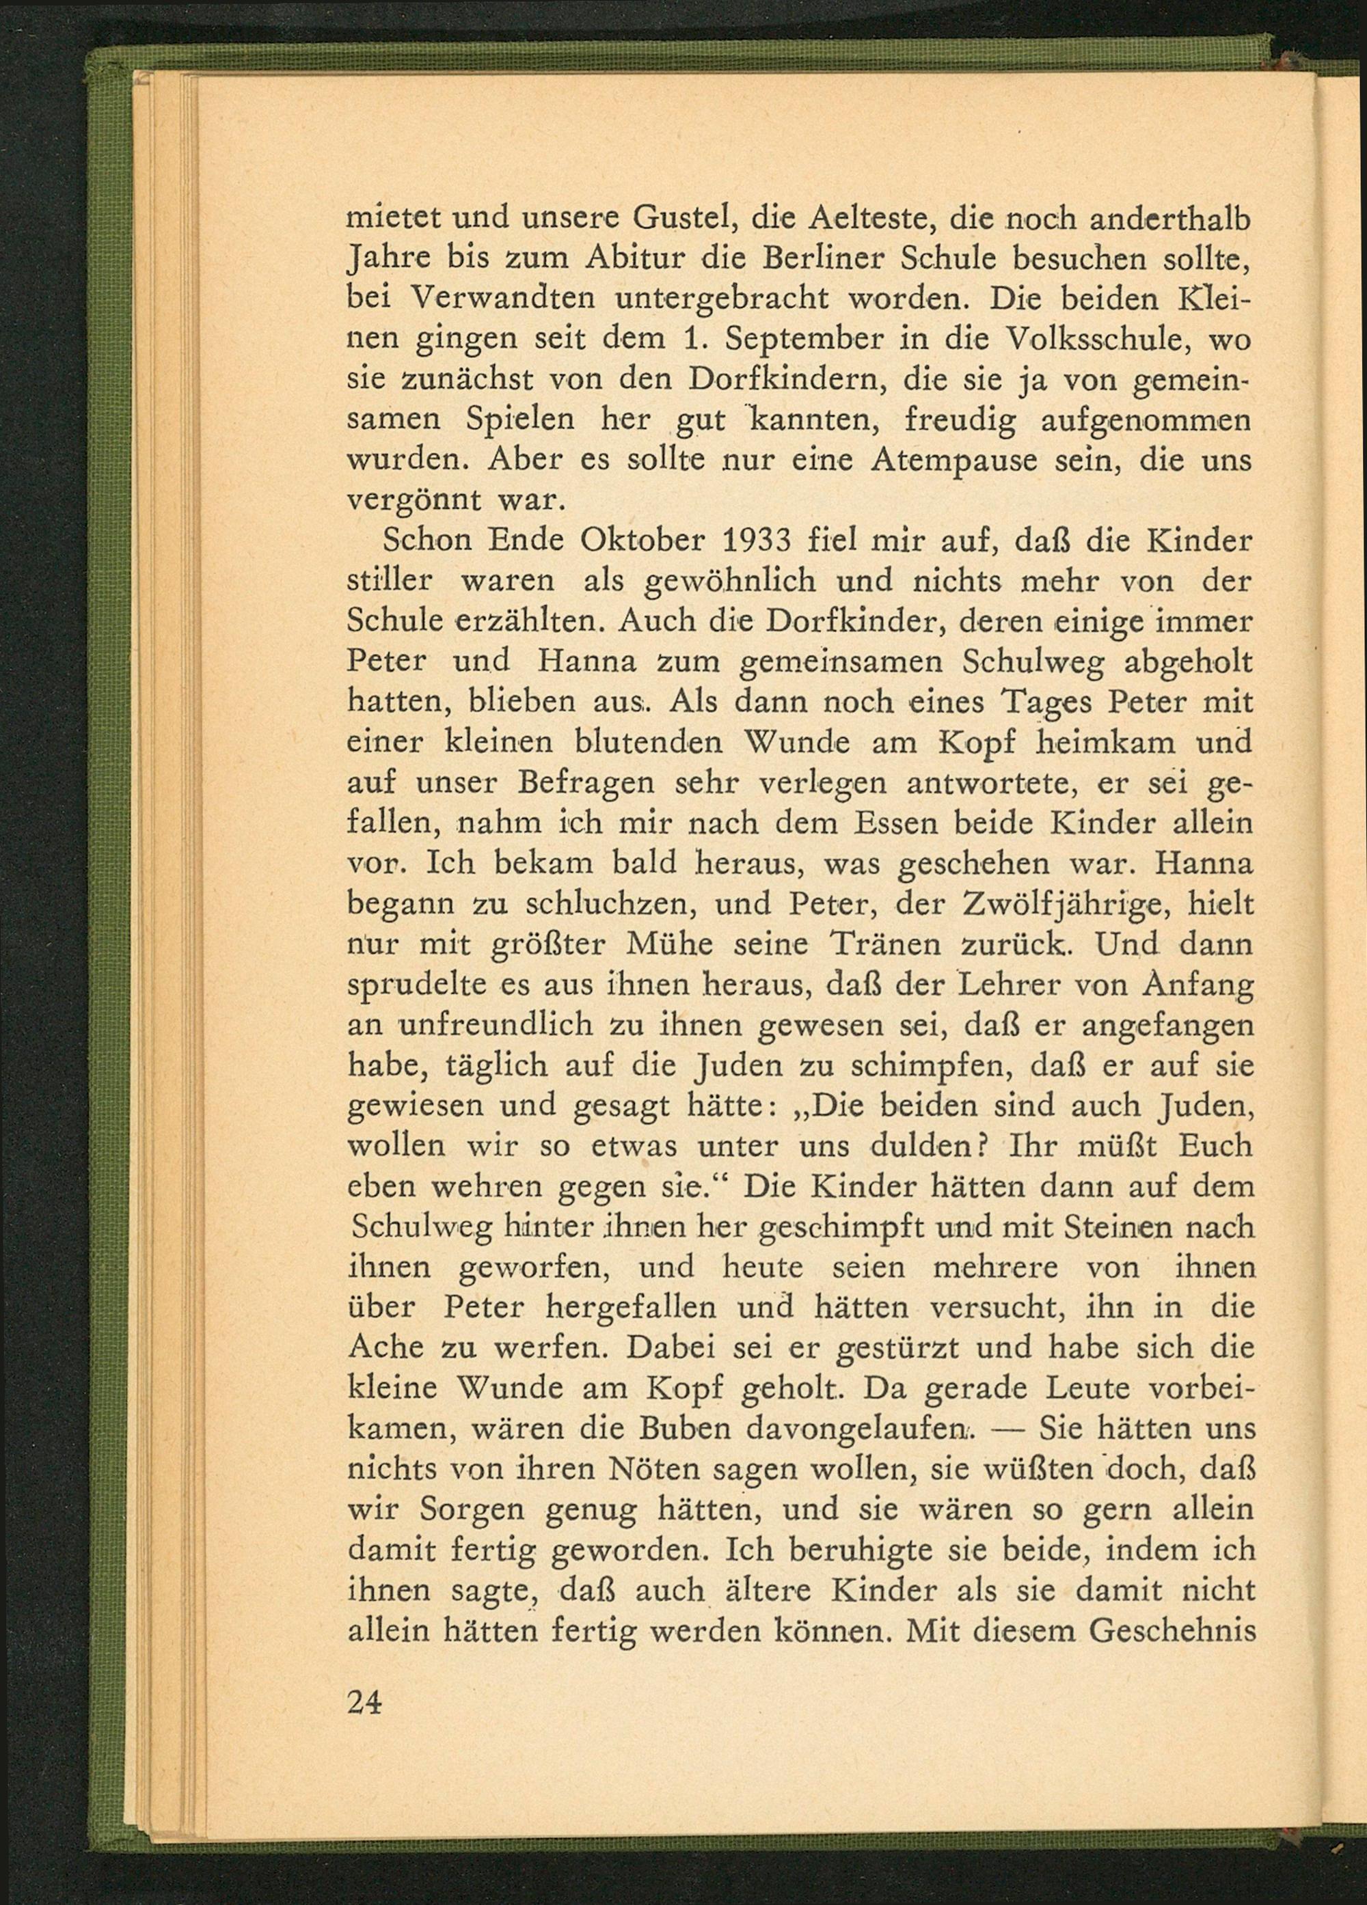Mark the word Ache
coord(385,1347)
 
